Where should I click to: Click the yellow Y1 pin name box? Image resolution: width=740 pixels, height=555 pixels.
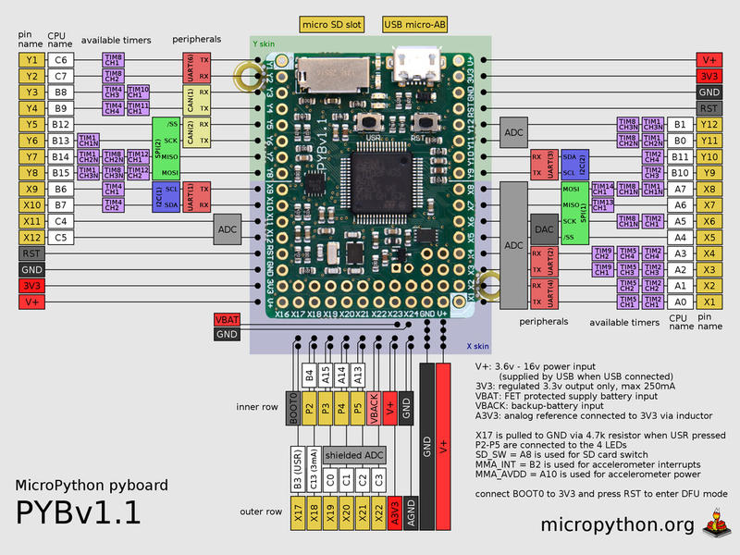coord(31,59)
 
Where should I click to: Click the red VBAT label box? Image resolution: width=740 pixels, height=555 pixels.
coord(228,319)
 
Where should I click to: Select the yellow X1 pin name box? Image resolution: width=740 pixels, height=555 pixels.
coord(709,302)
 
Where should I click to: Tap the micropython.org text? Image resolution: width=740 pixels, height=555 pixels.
coord(617,525)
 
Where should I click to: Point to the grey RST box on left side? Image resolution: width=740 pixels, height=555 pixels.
coord(31,253)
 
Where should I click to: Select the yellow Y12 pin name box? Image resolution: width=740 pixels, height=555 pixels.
coord(709,124)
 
